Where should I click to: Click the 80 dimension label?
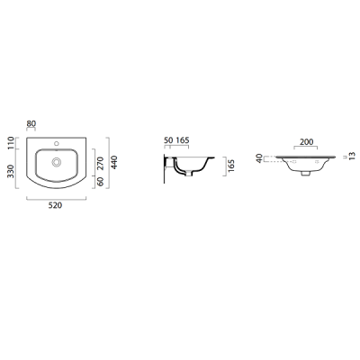31,123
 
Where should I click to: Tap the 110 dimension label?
11,143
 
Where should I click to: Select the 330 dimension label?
11,171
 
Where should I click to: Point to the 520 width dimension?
55,205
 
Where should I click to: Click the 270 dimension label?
101,163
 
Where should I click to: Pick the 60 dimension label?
101,182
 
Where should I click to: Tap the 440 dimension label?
114,162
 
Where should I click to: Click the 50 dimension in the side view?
168,140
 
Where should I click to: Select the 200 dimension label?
306,141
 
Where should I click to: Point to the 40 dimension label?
259,158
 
